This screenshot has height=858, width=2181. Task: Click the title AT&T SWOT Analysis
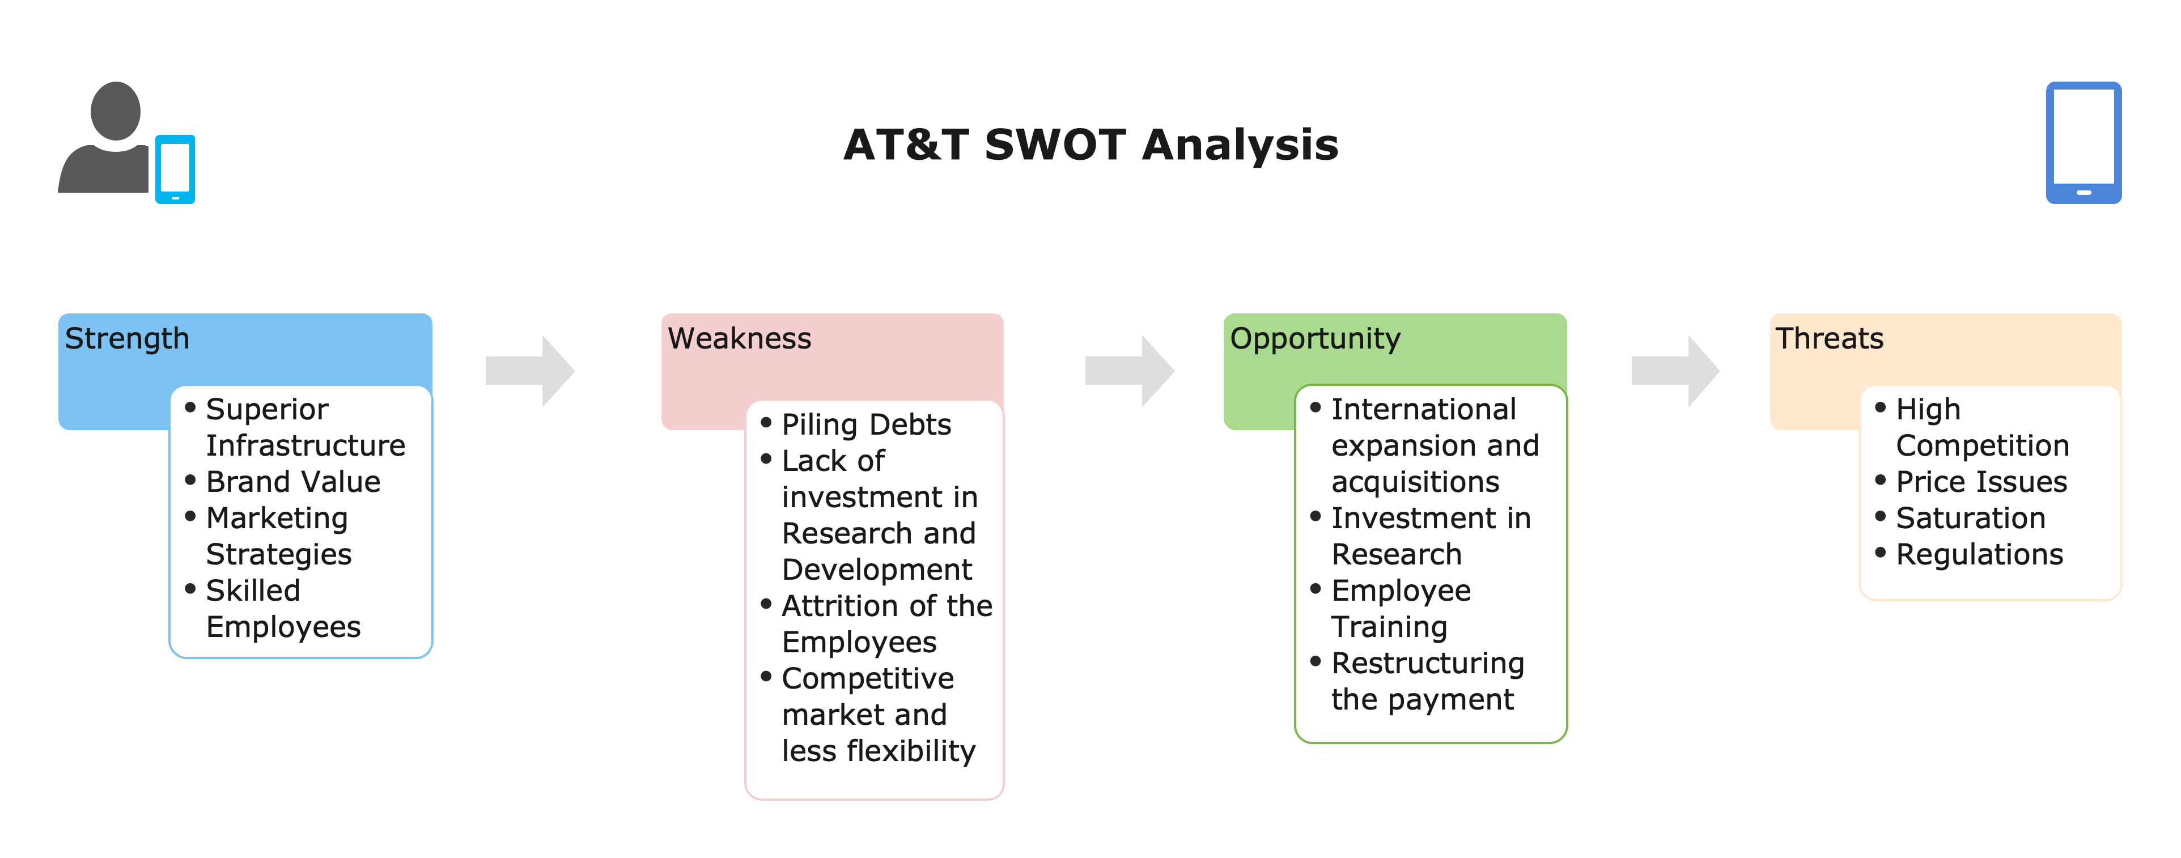[1090, 145]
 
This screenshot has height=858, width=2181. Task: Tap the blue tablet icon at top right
[2084, 142]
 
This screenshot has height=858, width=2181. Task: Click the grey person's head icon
[115, 111]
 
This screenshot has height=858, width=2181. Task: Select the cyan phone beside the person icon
[175, 169]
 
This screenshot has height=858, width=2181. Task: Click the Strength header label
[127, 338]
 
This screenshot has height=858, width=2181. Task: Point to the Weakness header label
[739, 338]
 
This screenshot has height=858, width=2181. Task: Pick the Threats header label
[1829, 338]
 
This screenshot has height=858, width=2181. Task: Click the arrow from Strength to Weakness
[530, 371]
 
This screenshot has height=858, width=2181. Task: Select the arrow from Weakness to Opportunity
[1130, 371]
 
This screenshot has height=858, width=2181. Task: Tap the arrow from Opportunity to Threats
[1675, 371]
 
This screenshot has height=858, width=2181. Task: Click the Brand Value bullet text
[293, 482]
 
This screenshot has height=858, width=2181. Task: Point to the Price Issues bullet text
[1981, 482]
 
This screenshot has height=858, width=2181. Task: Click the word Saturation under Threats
[1970, 518]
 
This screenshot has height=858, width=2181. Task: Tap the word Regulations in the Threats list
[1979, 555]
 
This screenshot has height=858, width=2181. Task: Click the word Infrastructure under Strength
[305, 445]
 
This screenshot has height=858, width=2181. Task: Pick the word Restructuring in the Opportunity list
[1428, 664]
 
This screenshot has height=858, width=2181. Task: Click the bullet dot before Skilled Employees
[190, 588]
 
